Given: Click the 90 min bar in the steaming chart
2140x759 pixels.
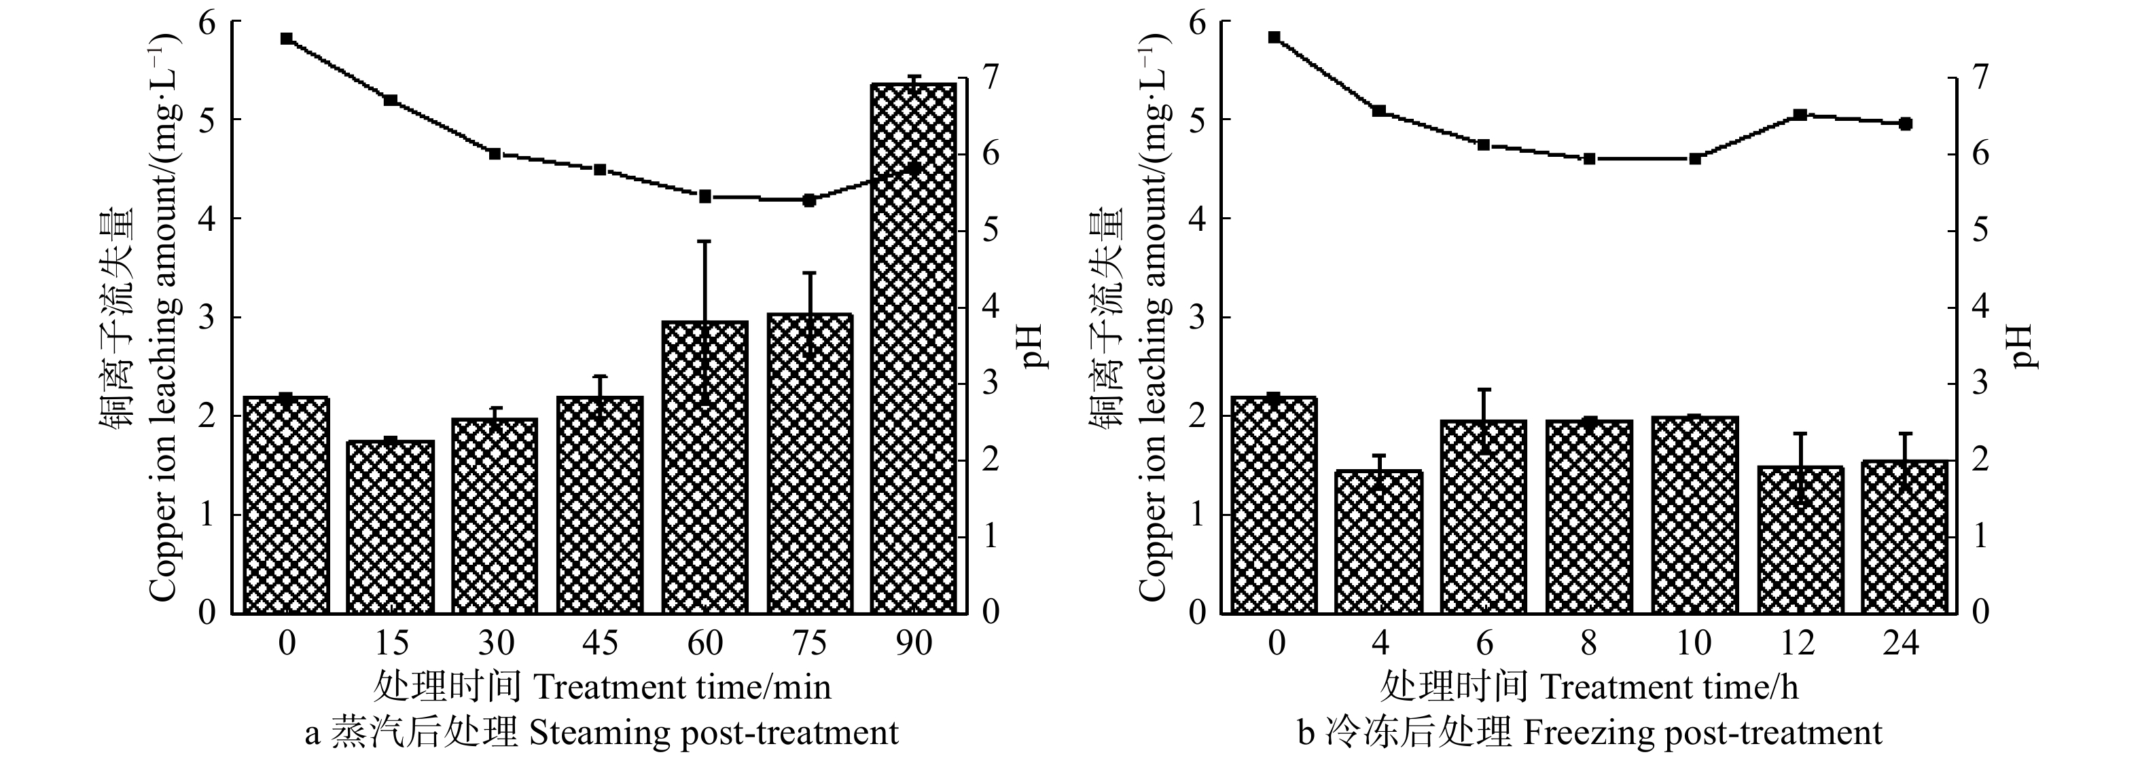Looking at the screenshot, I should click(x=914, y=349).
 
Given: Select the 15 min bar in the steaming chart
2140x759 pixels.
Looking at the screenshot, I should click(x=391, y=527).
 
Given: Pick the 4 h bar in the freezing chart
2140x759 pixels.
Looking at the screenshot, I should click(x=1379, y=542).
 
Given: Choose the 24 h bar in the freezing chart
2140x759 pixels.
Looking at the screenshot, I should click(x=1904, y=536).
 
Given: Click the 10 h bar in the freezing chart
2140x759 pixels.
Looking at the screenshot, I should click(x=1695, y=515).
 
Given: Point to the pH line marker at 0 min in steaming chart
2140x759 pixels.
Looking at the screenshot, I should click(x=287, y=38).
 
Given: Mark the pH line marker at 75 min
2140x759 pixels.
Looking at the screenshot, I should click(x=810, y=200).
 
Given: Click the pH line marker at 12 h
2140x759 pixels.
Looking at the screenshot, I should click(x=1800, y=115).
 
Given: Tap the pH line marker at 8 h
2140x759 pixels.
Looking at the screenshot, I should click(x=1589, y=159).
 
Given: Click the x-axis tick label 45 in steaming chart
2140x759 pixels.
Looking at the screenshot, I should click(x=600, y=644).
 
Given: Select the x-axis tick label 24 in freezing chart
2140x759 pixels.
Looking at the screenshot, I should click(x=1901, y=644).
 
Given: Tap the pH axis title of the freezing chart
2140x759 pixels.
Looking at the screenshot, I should click(x=2025, y=346).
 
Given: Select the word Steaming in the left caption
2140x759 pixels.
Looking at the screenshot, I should click(x=597, y=733).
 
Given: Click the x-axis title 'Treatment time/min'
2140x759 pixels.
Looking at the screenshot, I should click(x=681, y=688).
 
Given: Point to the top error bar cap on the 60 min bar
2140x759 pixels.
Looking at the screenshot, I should click(x=705, y=241).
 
